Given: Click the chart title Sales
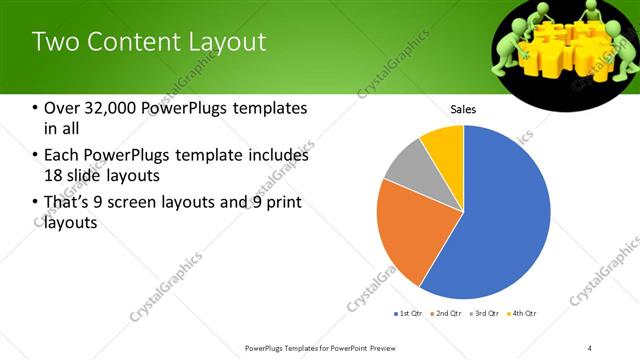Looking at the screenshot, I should (x=463, y=109).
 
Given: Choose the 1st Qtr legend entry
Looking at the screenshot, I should (x=409, y=314).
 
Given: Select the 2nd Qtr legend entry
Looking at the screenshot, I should (x=445, y=314).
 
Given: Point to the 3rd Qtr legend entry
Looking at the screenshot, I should (x=483, y=314).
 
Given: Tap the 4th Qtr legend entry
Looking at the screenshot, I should (x=521, y=314).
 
